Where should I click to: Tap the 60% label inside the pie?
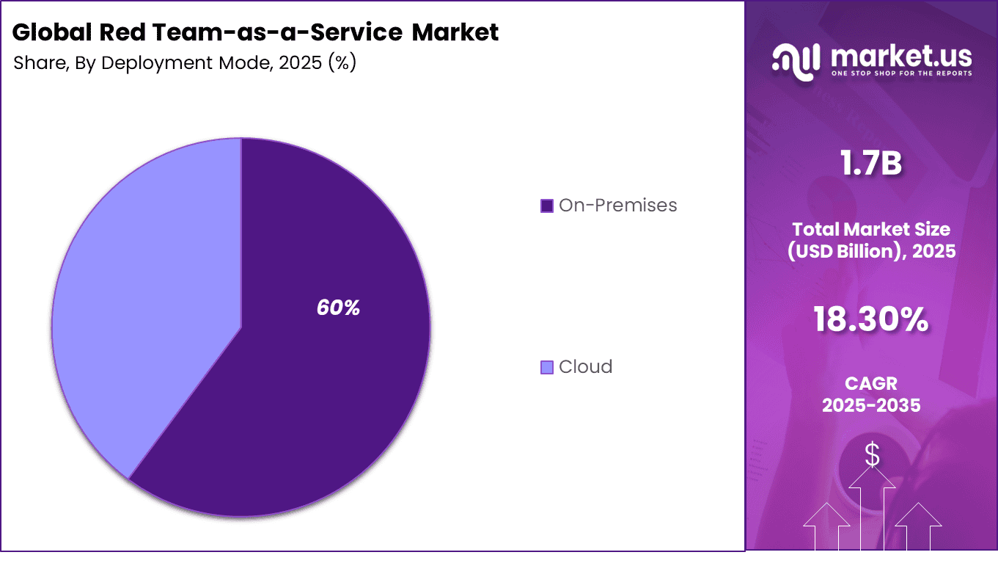[338, 308]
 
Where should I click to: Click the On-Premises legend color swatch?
[546, 206]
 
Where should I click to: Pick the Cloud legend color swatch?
[546, 367]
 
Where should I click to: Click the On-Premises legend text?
[617, 206]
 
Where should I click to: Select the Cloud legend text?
[585, 367]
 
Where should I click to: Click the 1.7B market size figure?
[871, 163]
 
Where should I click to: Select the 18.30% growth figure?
[871, 319]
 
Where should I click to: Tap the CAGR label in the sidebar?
[871, 384]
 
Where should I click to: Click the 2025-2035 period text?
[871, 404]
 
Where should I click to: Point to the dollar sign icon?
[872, 455]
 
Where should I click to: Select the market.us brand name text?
[901, 56]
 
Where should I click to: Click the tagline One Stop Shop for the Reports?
[901, 73]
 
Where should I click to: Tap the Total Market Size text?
[871, 229]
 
